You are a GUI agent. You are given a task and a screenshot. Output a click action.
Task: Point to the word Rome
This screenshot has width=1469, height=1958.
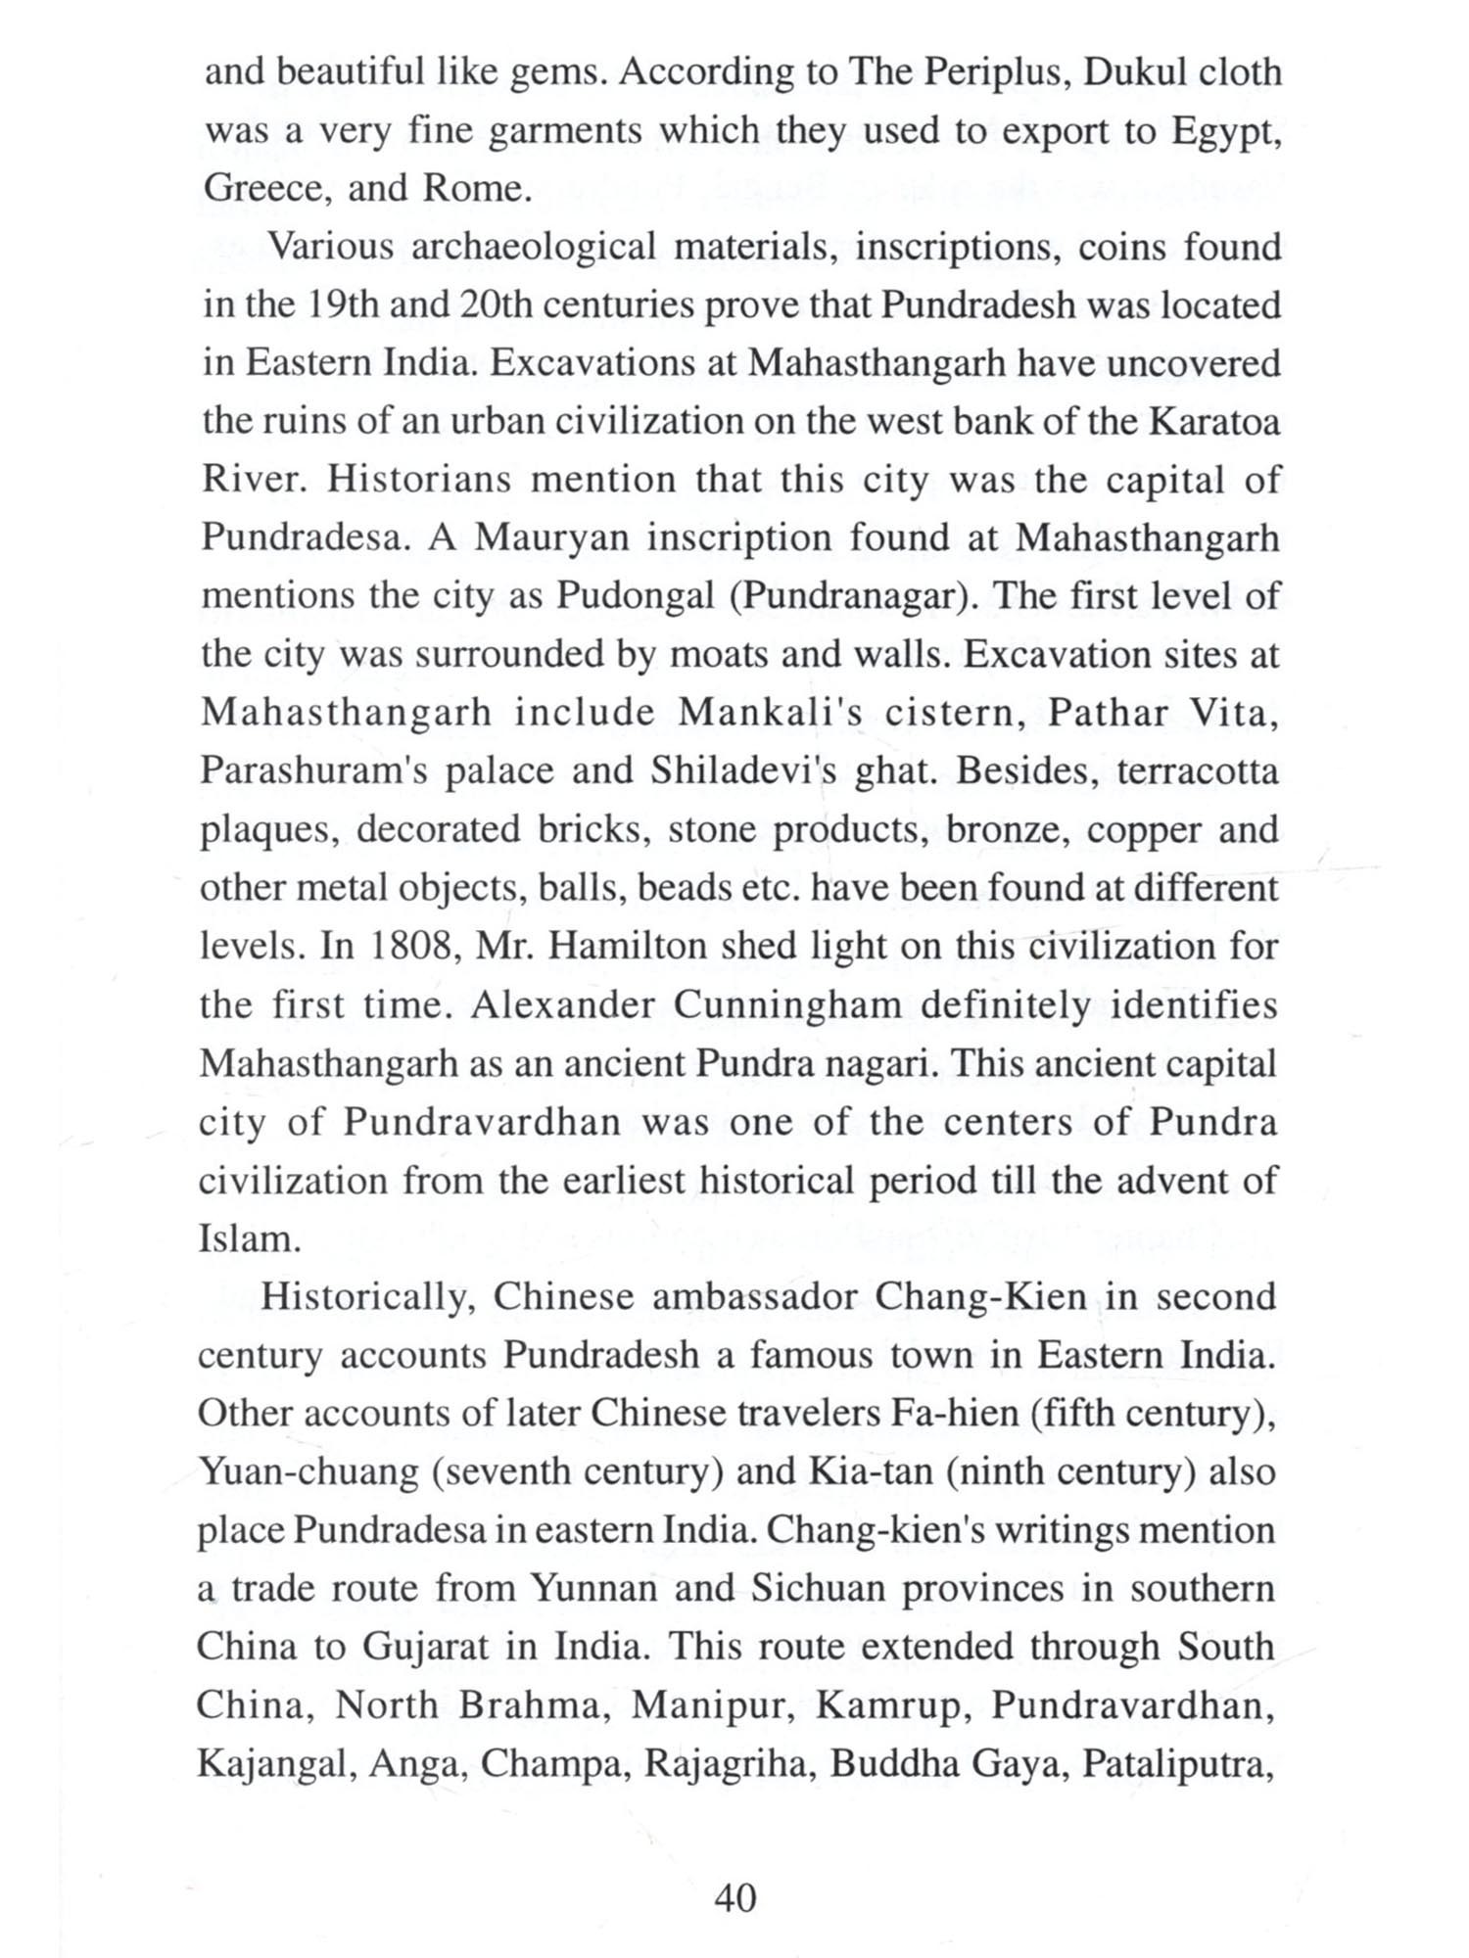point(475,187)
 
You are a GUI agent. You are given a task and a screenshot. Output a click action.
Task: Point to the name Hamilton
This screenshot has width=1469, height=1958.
point(627,947)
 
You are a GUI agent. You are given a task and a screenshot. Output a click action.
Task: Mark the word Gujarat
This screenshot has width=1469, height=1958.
point(424,1647)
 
